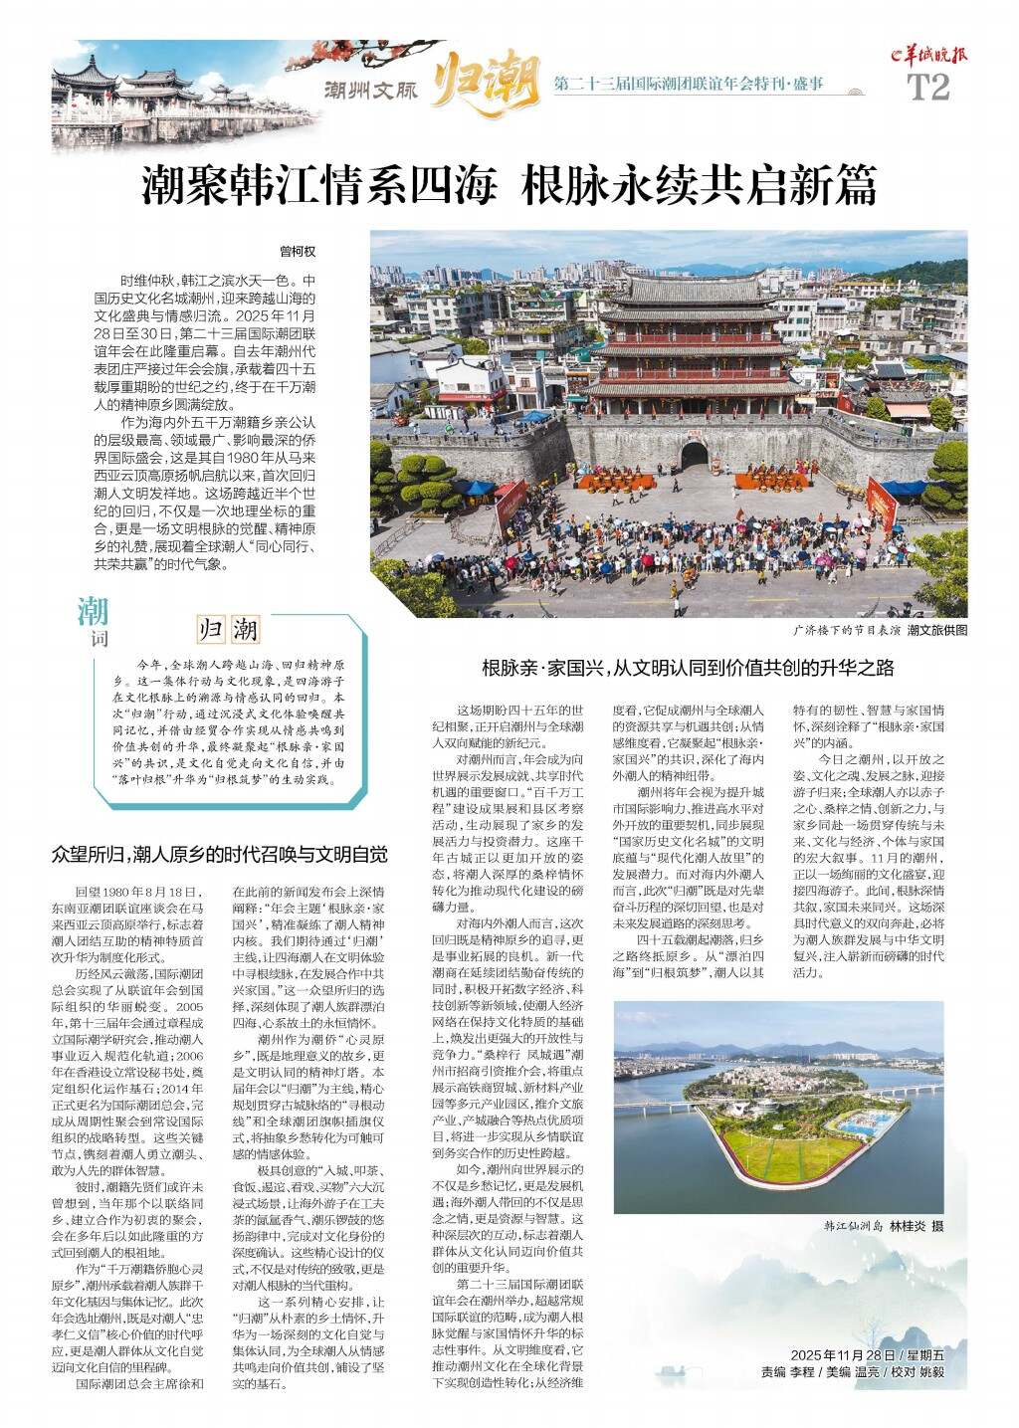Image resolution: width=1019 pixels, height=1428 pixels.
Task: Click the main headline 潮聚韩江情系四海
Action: coord(319,185)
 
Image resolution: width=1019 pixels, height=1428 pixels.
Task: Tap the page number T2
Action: coord(928,88)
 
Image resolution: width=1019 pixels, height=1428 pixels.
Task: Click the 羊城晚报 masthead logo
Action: coord(929,58)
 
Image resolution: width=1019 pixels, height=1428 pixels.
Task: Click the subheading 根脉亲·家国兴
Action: coord(688,667)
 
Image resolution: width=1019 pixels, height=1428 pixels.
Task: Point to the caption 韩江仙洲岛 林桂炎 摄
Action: coord(883,1226)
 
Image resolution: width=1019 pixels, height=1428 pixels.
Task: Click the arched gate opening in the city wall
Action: coord(694,456)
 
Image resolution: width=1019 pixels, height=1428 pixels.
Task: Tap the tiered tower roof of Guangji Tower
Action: coord(695,299)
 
